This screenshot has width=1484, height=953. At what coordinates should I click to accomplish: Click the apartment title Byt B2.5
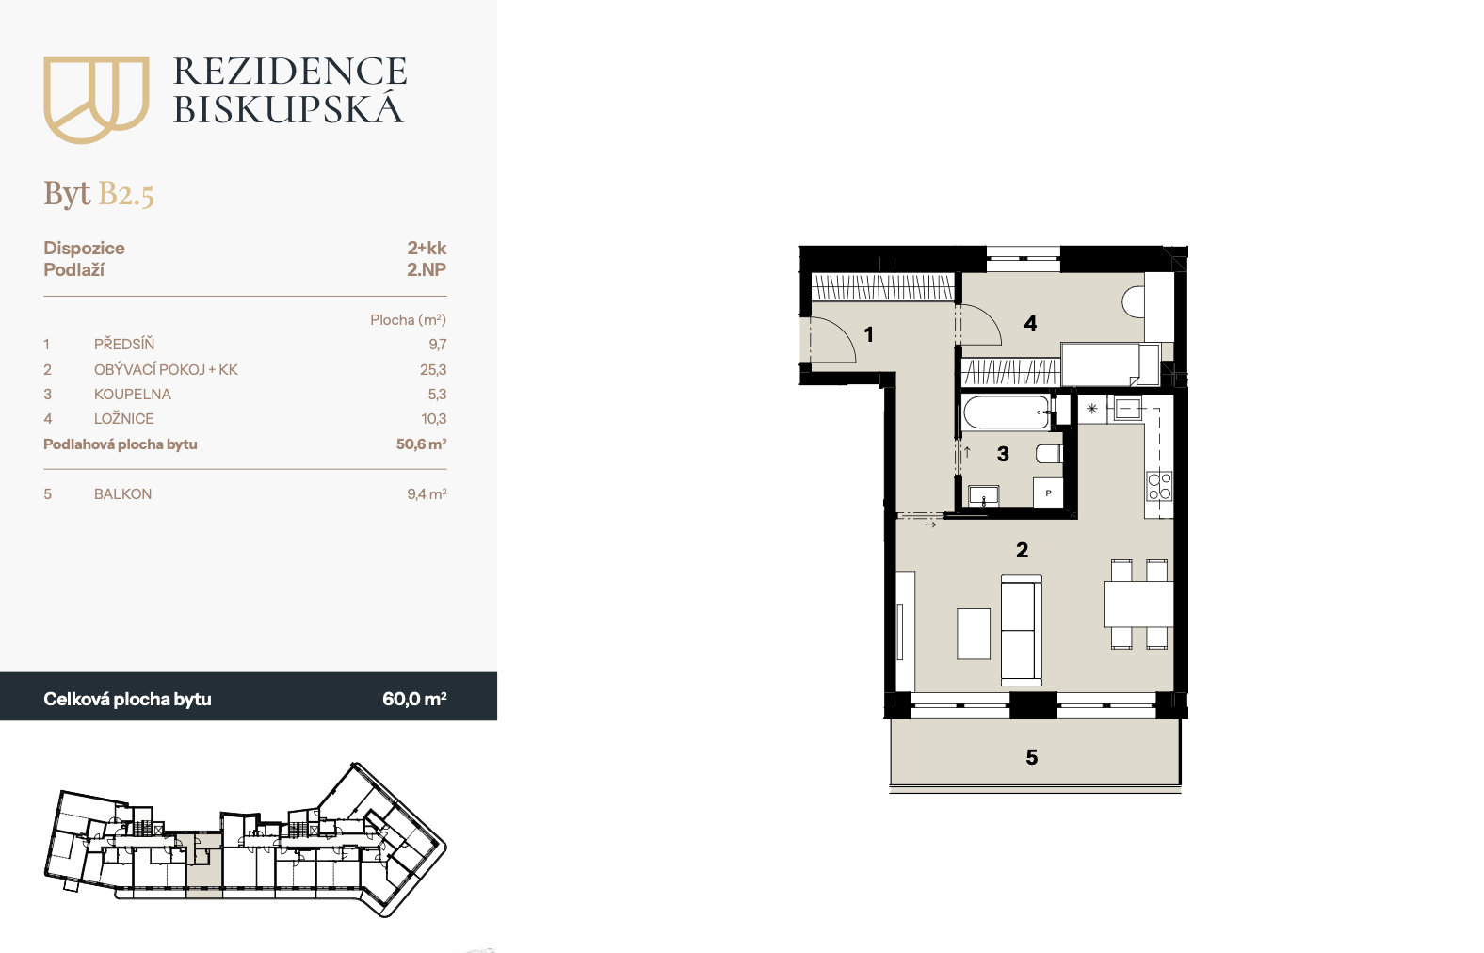click(x=99, y=194)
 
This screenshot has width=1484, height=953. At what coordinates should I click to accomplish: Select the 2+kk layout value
click(x=427, y=248)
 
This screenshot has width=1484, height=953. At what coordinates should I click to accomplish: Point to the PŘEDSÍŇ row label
click(x=124, y=344)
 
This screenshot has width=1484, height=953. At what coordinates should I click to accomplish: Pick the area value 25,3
click(x=433, y=369)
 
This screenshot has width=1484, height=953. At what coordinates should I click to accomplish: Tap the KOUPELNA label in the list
click(x=133, y=395)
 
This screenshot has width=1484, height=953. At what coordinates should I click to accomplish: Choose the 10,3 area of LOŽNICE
click(x=434, y=419)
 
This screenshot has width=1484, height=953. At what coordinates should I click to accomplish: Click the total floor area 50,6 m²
click(x=421, y=444)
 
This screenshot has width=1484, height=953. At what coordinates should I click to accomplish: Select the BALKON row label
click(x=122, y=493)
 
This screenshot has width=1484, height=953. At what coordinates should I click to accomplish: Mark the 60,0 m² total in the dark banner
click(x=414, y=699)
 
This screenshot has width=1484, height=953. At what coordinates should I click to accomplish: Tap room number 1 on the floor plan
click(x=868, y=334)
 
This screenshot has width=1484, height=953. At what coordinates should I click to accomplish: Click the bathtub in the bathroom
click(x=1007, y=412)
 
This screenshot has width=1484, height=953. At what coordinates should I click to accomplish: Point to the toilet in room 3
click(x=1049, y=454)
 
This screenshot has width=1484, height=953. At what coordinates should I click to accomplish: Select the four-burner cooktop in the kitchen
click(x=1160, y=486)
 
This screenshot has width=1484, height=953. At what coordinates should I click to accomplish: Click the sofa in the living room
click(x=1021, y=630)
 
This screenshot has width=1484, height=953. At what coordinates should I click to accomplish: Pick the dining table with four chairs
click(x=1138, y=605)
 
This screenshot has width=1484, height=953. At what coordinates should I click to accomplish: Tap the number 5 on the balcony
click(x=1031, y=757)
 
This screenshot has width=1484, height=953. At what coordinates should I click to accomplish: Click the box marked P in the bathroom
click(x=1048, y=493)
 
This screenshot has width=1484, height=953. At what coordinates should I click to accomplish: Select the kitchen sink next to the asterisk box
click(x=1127, y=409)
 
